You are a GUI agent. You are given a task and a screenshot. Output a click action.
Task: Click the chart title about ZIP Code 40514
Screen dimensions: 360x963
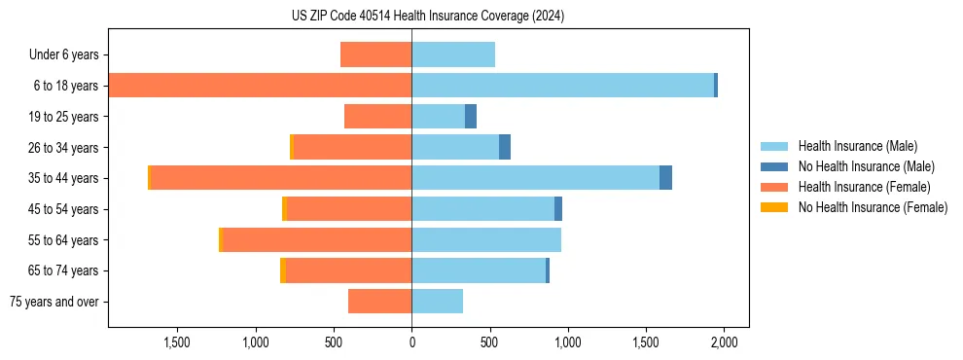pos(428,17)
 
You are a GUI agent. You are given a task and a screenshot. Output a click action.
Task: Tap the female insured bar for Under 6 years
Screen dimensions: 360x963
pos(375,54)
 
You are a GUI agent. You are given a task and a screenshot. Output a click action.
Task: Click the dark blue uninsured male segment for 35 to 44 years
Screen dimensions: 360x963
pos(665,178)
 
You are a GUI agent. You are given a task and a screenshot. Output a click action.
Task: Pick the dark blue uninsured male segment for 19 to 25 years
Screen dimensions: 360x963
pos(471,117)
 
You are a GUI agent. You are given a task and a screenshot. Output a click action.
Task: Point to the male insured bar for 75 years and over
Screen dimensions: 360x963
pos(437,302)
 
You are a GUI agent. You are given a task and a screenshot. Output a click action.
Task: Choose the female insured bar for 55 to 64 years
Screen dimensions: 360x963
pos(317,240)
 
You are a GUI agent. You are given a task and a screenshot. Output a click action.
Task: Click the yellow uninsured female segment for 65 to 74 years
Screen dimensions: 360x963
pos(283,270)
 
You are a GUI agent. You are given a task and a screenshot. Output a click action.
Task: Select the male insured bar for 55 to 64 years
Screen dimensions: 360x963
pos(486,240)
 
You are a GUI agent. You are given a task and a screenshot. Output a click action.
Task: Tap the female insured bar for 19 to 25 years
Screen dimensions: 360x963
pos(377,117)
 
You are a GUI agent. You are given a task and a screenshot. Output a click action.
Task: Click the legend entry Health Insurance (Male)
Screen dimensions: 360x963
pos(857,146)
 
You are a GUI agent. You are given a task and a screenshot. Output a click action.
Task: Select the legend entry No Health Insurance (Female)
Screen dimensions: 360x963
pos(873,207)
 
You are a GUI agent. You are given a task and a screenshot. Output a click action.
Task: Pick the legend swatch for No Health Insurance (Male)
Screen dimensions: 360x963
pos(774,166)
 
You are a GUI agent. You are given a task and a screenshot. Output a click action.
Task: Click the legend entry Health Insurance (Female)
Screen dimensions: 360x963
pos(861,187)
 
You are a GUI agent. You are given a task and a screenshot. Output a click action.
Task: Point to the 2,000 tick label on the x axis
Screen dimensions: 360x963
pos(724,342)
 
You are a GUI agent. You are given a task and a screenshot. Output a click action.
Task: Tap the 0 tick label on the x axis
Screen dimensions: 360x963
pos(411,342)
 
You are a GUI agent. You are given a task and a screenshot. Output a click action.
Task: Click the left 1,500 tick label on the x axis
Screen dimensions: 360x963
pos(177,342)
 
